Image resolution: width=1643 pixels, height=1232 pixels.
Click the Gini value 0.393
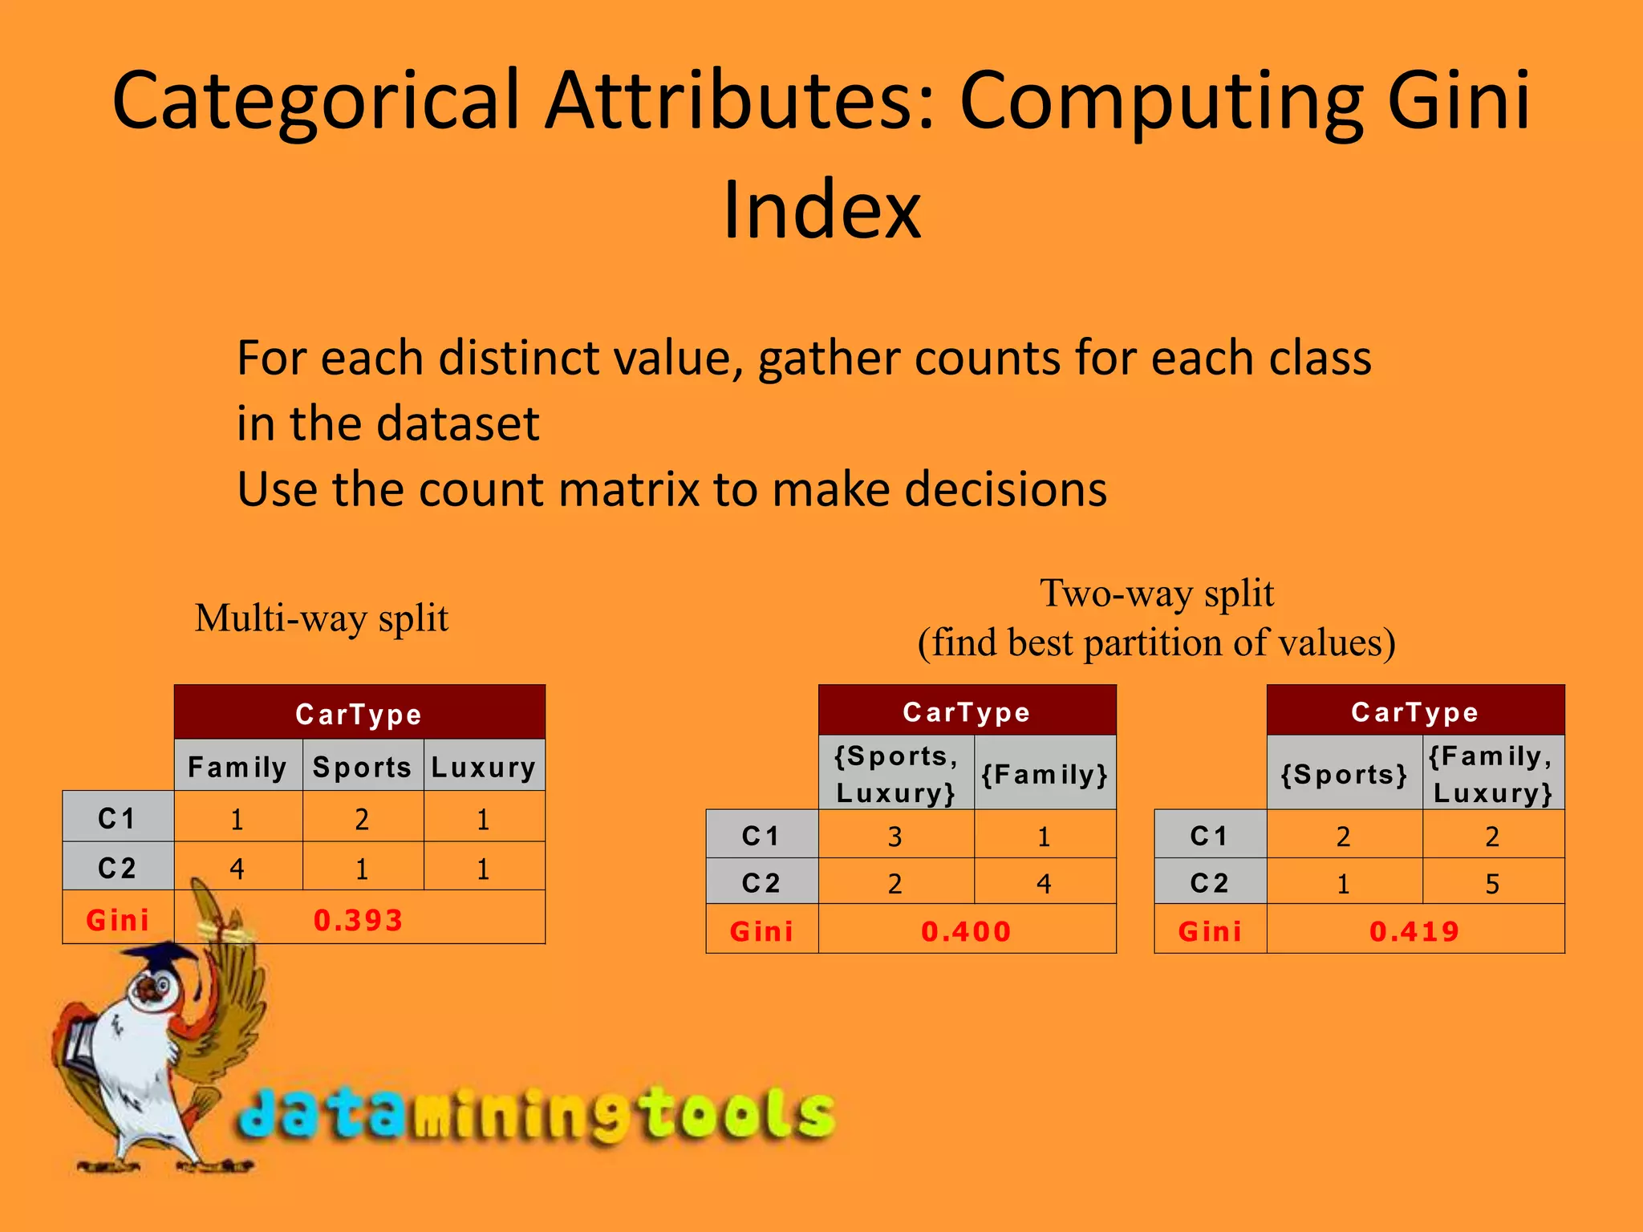coord(358,920)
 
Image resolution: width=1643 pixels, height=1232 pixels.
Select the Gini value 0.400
coord(966,931)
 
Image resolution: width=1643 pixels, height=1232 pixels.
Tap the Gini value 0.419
coord(1414,931)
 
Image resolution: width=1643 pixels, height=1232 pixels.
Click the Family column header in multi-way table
coord(237,767)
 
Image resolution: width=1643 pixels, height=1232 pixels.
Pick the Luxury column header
coord(484,767)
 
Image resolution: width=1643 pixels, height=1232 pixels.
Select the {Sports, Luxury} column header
coord(896,774)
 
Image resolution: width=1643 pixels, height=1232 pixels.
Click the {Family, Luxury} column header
coord(1492,774)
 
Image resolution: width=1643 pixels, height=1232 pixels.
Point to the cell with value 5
coord(1492,883)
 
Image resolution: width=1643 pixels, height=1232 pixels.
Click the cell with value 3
coord(895,837)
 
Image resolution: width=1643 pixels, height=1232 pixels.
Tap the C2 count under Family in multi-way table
coord(237,868)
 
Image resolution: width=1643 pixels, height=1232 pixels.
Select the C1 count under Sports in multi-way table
coord(362,819)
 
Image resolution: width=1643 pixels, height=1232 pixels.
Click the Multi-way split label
coord(322,618)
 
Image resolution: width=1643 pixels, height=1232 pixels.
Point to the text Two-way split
coord(1157,594)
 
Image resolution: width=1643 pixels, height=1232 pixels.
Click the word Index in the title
coord(821,210)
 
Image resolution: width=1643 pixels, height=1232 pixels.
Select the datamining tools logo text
coord(536,1115)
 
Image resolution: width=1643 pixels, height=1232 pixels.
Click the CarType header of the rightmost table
coord(1414,711)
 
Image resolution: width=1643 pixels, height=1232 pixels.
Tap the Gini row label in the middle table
coord(761,931)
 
